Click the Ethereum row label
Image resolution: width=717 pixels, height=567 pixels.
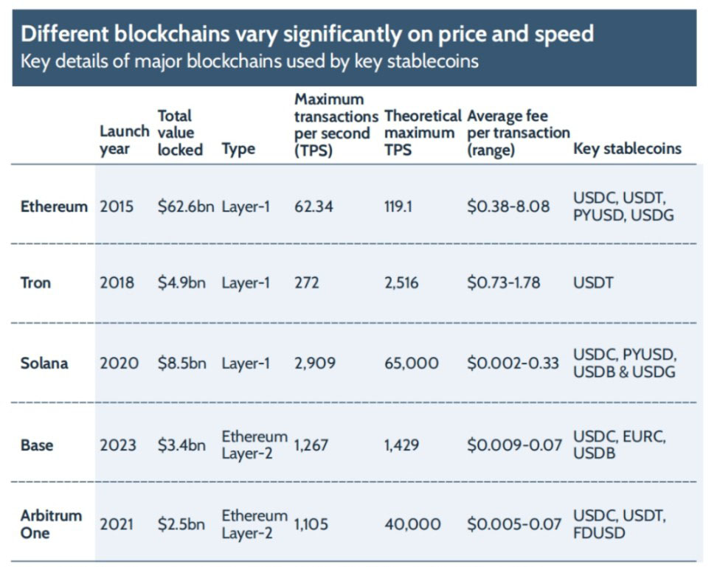coord(54,206)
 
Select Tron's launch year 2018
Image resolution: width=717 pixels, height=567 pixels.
coord(117,282)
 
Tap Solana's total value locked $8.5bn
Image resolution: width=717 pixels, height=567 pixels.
coord(181,363)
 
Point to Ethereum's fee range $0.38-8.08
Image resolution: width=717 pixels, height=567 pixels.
coord(508,206)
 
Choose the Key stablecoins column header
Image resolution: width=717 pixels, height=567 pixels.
coord(627,149)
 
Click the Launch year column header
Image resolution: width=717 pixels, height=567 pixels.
coord(123,140)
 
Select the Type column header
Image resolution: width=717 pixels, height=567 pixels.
coord(238,149)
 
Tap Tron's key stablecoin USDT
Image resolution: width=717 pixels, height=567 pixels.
coord(592,282)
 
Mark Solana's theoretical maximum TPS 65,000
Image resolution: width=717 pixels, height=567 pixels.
coord(412,363)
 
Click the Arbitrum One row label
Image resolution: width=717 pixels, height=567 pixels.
coord(51,523)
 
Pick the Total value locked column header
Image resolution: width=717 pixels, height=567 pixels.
coord(180,133)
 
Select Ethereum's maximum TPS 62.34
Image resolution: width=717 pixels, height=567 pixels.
coord(314,206)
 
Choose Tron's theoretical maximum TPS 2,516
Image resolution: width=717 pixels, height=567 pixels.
coord(402,282)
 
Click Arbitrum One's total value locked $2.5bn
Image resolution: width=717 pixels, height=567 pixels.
coord(181,524)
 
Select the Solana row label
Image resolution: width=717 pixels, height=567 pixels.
coord(44,363)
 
